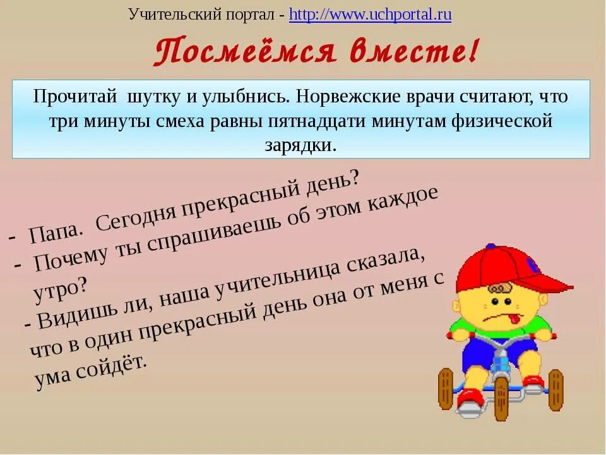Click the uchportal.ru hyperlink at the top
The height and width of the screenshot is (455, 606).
[x=370, y=15]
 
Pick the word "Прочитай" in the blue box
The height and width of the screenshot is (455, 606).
[x=75, y=97]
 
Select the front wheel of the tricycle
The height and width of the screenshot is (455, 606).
[x=502, y=397]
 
